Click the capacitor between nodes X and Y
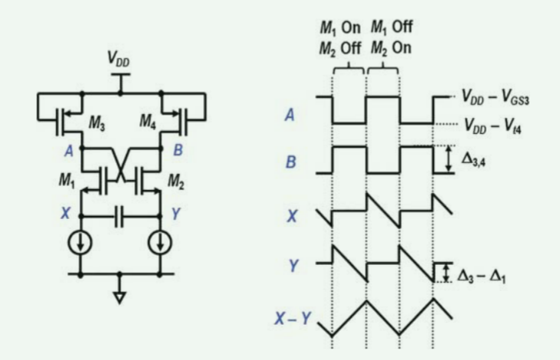pos(120,216)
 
